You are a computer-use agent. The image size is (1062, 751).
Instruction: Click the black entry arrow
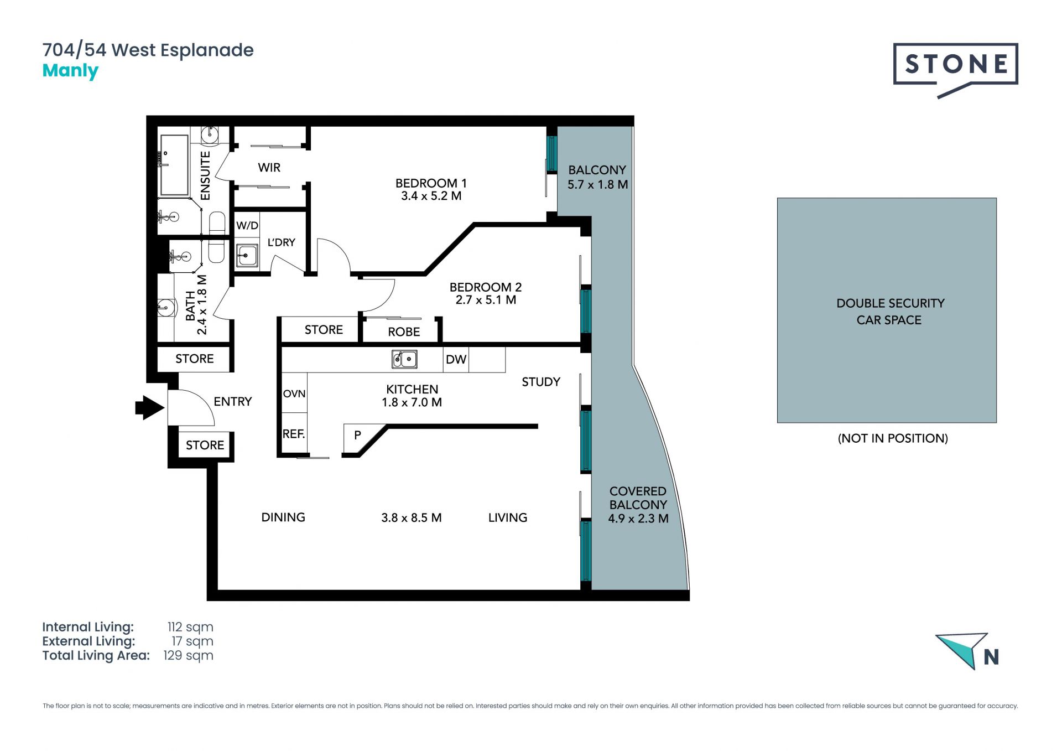(x=150, y=408)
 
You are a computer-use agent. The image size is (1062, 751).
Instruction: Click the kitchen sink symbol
(x=404, y=359)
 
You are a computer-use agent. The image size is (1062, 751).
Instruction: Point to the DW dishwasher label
(x=456, y=360)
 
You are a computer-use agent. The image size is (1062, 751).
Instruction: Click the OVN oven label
(x=294, y=393)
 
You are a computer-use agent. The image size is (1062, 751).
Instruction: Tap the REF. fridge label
(x=294, y=434)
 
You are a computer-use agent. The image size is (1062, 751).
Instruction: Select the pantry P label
(x=357, y=435)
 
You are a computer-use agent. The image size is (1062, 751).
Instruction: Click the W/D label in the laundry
(x=247, y=226)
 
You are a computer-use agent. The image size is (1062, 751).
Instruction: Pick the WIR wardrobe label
(x=269, y=167)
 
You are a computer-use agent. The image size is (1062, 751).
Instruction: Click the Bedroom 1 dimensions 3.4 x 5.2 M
(x=431, y=196)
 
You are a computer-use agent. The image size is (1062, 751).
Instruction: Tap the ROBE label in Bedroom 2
(x=404, y=332)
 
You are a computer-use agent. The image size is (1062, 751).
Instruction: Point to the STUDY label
(x=541, y=382)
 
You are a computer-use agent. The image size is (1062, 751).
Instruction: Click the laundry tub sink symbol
(x=247, y=256)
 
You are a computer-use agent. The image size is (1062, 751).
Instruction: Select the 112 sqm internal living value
(x=190, y=627)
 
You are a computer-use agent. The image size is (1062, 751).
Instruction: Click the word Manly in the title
(x=70, y=71)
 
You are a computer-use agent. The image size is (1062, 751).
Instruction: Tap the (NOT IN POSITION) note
(x=893, y=438)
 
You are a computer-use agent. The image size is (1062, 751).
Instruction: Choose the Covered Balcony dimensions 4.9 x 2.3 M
(x=638, y=519)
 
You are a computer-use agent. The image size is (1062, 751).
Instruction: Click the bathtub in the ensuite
(x=174, y=166)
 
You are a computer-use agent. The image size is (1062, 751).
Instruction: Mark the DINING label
(x=283, y=517)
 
